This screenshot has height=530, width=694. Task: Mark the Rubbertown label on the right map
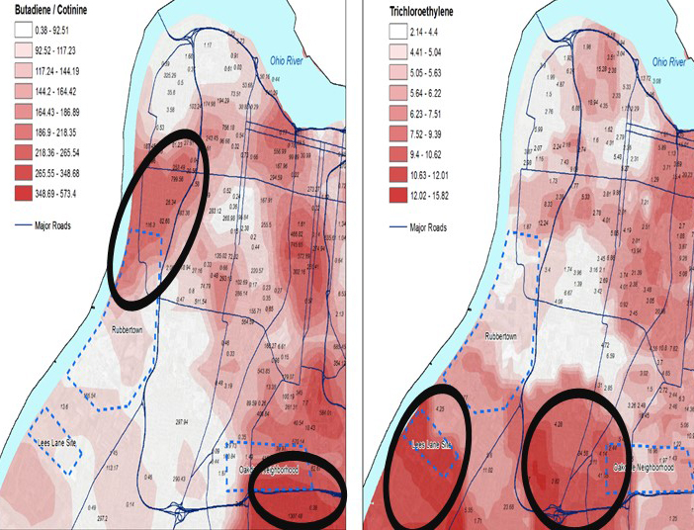(505, 335)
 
